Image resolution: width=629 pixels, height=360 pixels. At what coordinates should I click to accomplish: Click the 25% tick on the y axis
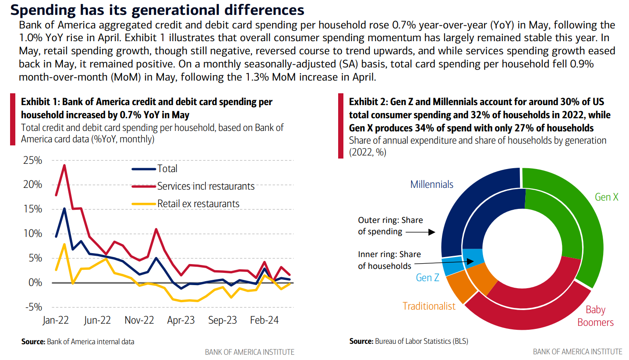[33, 160]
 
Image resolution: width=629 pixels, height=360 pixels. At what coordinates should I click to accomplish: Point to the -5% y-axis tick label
[33, 307]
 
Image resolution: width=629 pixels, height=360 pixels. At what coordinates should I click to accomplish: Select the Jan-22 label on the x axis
[56, 321]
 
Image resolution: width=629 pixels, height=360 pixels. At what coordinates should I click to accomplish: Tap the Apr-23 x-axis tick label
[180, 321]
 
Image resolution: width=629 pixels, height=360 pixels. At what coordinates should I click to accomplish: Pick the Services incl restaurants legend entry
[205, 186]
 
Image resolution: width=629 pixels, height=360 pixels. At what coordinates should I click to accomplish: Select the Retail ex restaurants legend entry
[198, 204]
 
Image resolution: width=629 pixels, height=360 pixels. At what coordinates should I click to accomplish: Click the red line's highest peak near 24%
[65, 165]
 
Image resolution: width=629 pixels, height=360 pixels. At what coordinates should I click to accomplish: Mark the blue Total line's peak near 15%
[65, 208]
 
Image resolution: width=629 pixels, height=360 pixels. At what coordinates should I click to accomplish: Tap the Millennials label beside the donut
[431, 184]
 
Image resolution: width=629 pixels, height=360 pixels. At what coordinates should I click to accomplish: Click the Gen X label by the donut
[606, 197]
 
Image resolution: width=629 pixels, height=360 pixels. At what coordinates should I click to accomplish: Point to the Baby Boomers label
[595, 316]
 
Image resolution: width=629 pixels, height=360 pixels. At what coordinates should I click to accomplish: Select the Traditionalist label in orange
[429, 306]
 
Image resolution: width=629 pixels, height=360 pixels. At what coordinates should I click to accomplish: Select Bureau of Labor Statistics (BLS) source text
[421, 341]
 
